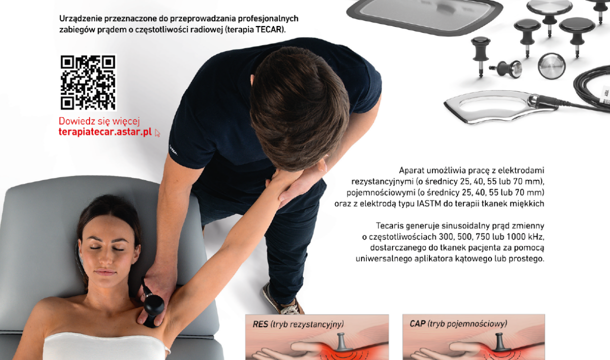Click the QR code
[88, 82]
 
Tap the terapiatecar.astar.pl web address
[105, 132]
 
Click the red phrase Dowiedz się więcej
[99, 121]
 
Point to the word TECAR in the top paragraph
[269, 29]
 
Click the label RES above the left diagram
[260, 324]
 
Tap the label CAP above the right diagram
[417, 323]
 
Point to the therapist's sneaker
[282, 301]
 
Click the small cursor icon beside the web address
[157, 133]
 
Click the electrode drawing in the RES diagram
[343, 342]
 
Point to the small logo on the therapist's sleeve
[173, 150]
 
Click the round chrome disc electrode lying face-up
[551, 66]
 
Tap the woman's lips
[105, 272]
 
